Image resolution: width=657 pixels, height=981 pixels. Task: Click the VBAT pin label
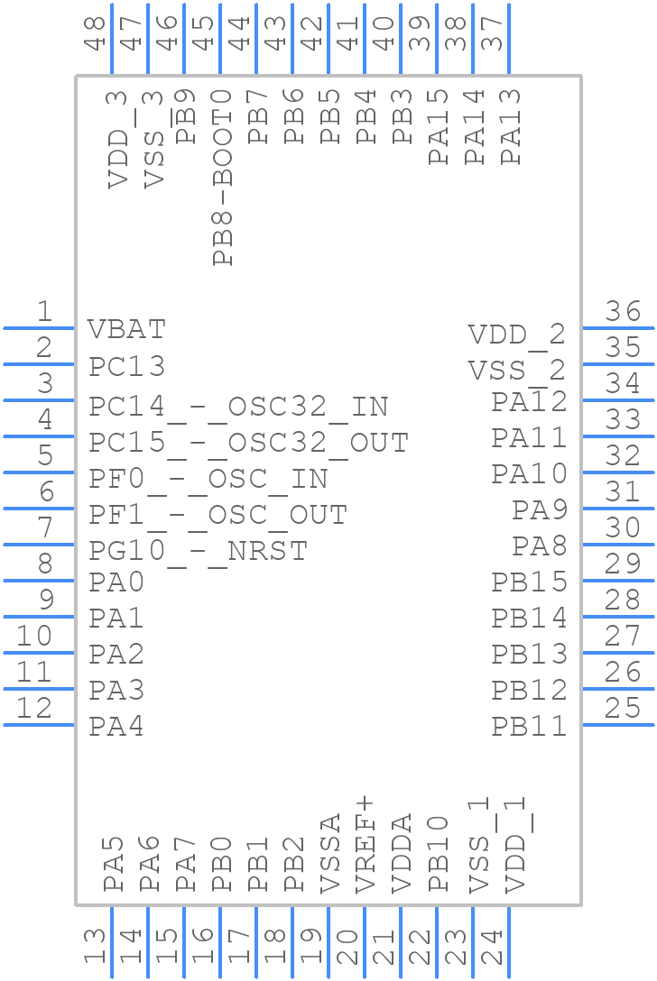(126, 329)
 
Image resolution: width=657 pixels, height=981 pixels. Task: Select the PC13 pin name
(126, 367)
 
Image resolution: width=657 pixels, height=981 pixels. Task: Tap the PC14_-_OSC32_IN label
(238, 407)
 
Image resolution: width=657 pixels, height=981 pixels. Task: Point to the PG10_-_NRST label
(199, 550)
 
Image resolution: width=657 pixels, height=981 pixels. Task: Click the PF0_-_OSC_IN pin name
(208, 479)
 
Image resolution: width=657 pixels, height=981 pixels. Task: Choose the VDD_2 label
(516, 335)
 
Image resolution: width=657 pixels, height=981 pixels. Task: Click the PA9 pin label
(540, 510)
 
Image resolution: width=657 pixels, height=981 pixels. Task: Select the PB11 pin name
(529, 726)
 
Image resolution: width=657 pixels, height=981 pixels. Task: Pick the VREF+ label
(366, 845)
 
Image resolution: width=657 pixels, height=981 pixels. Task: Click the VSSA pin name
(330, 853)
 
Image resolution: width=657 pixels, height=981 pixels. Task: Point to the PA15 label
(439, 126)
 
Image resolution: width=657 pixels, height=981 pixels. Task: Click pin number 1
(43, 312)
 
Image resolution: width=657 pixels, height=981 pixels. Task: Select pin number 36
(623, 312)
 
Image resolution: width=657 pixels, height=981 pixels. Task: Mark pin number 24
(493, 947)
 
